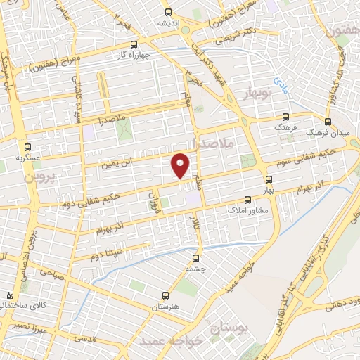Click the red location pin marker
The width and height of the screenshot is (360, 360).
181,165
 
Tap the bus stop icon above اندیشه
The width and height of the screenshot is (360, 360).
167,12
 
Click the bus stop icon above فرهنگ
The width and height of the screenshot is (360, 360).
285,118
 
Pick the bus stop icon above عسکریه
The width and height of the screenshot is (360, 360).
27,148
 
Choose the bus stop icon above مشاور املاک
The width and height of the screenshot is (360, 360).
246,199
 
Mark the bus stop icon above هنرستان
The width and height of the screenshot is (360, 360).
165,296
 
